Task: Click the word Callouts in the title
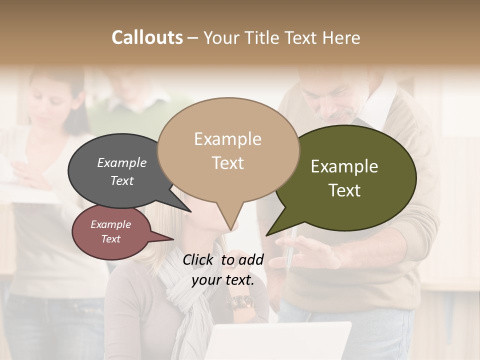[x=147, y=37]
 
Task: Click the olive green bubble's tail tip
[x=266, y=235]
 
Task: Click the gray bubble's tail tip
[x=190, y=211]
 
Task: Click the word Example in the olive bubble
[x=344, y=166]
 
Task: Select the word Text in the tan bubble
[x=228, y=163]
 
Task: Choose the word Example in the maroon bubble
[x=110, y=224]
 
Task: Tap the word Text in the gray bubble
[x=122, y=180]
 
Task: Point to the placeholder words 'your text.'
[x=223, y=280]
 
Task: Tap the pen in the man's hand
[x=289, y=250]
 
